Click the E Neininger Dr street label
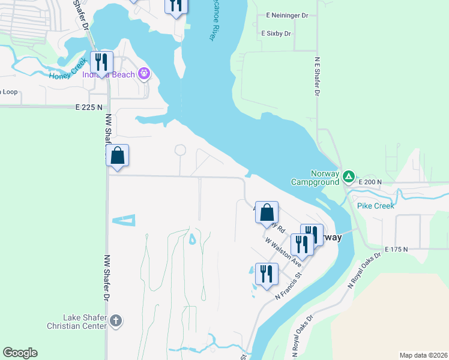[287, 16]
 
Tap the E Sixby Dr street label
[276, 34]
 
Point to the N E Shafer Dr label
[316, 76]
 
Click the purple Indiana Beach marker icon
[143, 74]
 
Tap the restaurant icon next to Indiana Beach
[101, 62]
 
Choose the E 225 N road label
[86, 107]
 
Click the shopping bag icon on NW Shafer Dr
[118, 156]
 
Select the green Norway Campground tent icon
[349, 176]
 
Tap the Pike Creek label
[376, 206]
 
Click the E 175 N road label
[396, 249]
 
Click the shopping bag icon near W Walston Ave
[267, 212]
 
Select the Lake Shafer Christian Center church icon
[116, 322]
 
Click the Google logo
[20, 353]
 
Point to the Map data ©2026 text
[424, 355]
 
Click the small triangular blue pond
[124, 220]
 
